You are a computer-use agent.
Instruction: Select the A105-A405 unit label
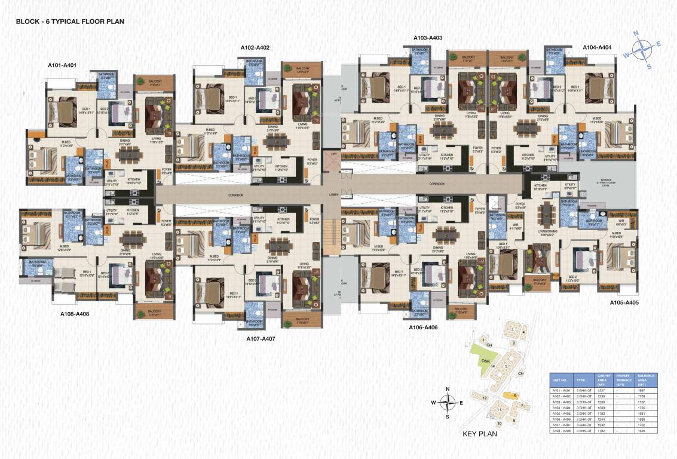pyautogui.click(x=624, y=303)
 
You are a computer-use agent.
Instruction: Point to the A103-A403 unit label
pyautogui.click(x=428, y=38)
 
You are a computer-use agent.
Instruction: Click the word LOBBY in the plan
pyautogui.click(x=333, y=195)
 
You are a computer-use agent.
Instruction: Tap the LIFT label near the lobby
pyautogui.click(x=333, y=154)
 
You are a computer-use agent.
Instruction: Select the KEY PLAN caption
pyautogui.click(x=480, y=433)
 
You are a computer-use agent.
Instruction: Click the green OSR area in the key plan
pyautogui.click(x=485, y=361)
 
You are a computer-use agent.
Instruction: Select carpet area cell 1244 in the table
pyautogui.click(x=604, y=420)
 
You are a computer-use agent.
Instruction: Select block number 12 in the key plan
pyautogui.click(x=485, y=397)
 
